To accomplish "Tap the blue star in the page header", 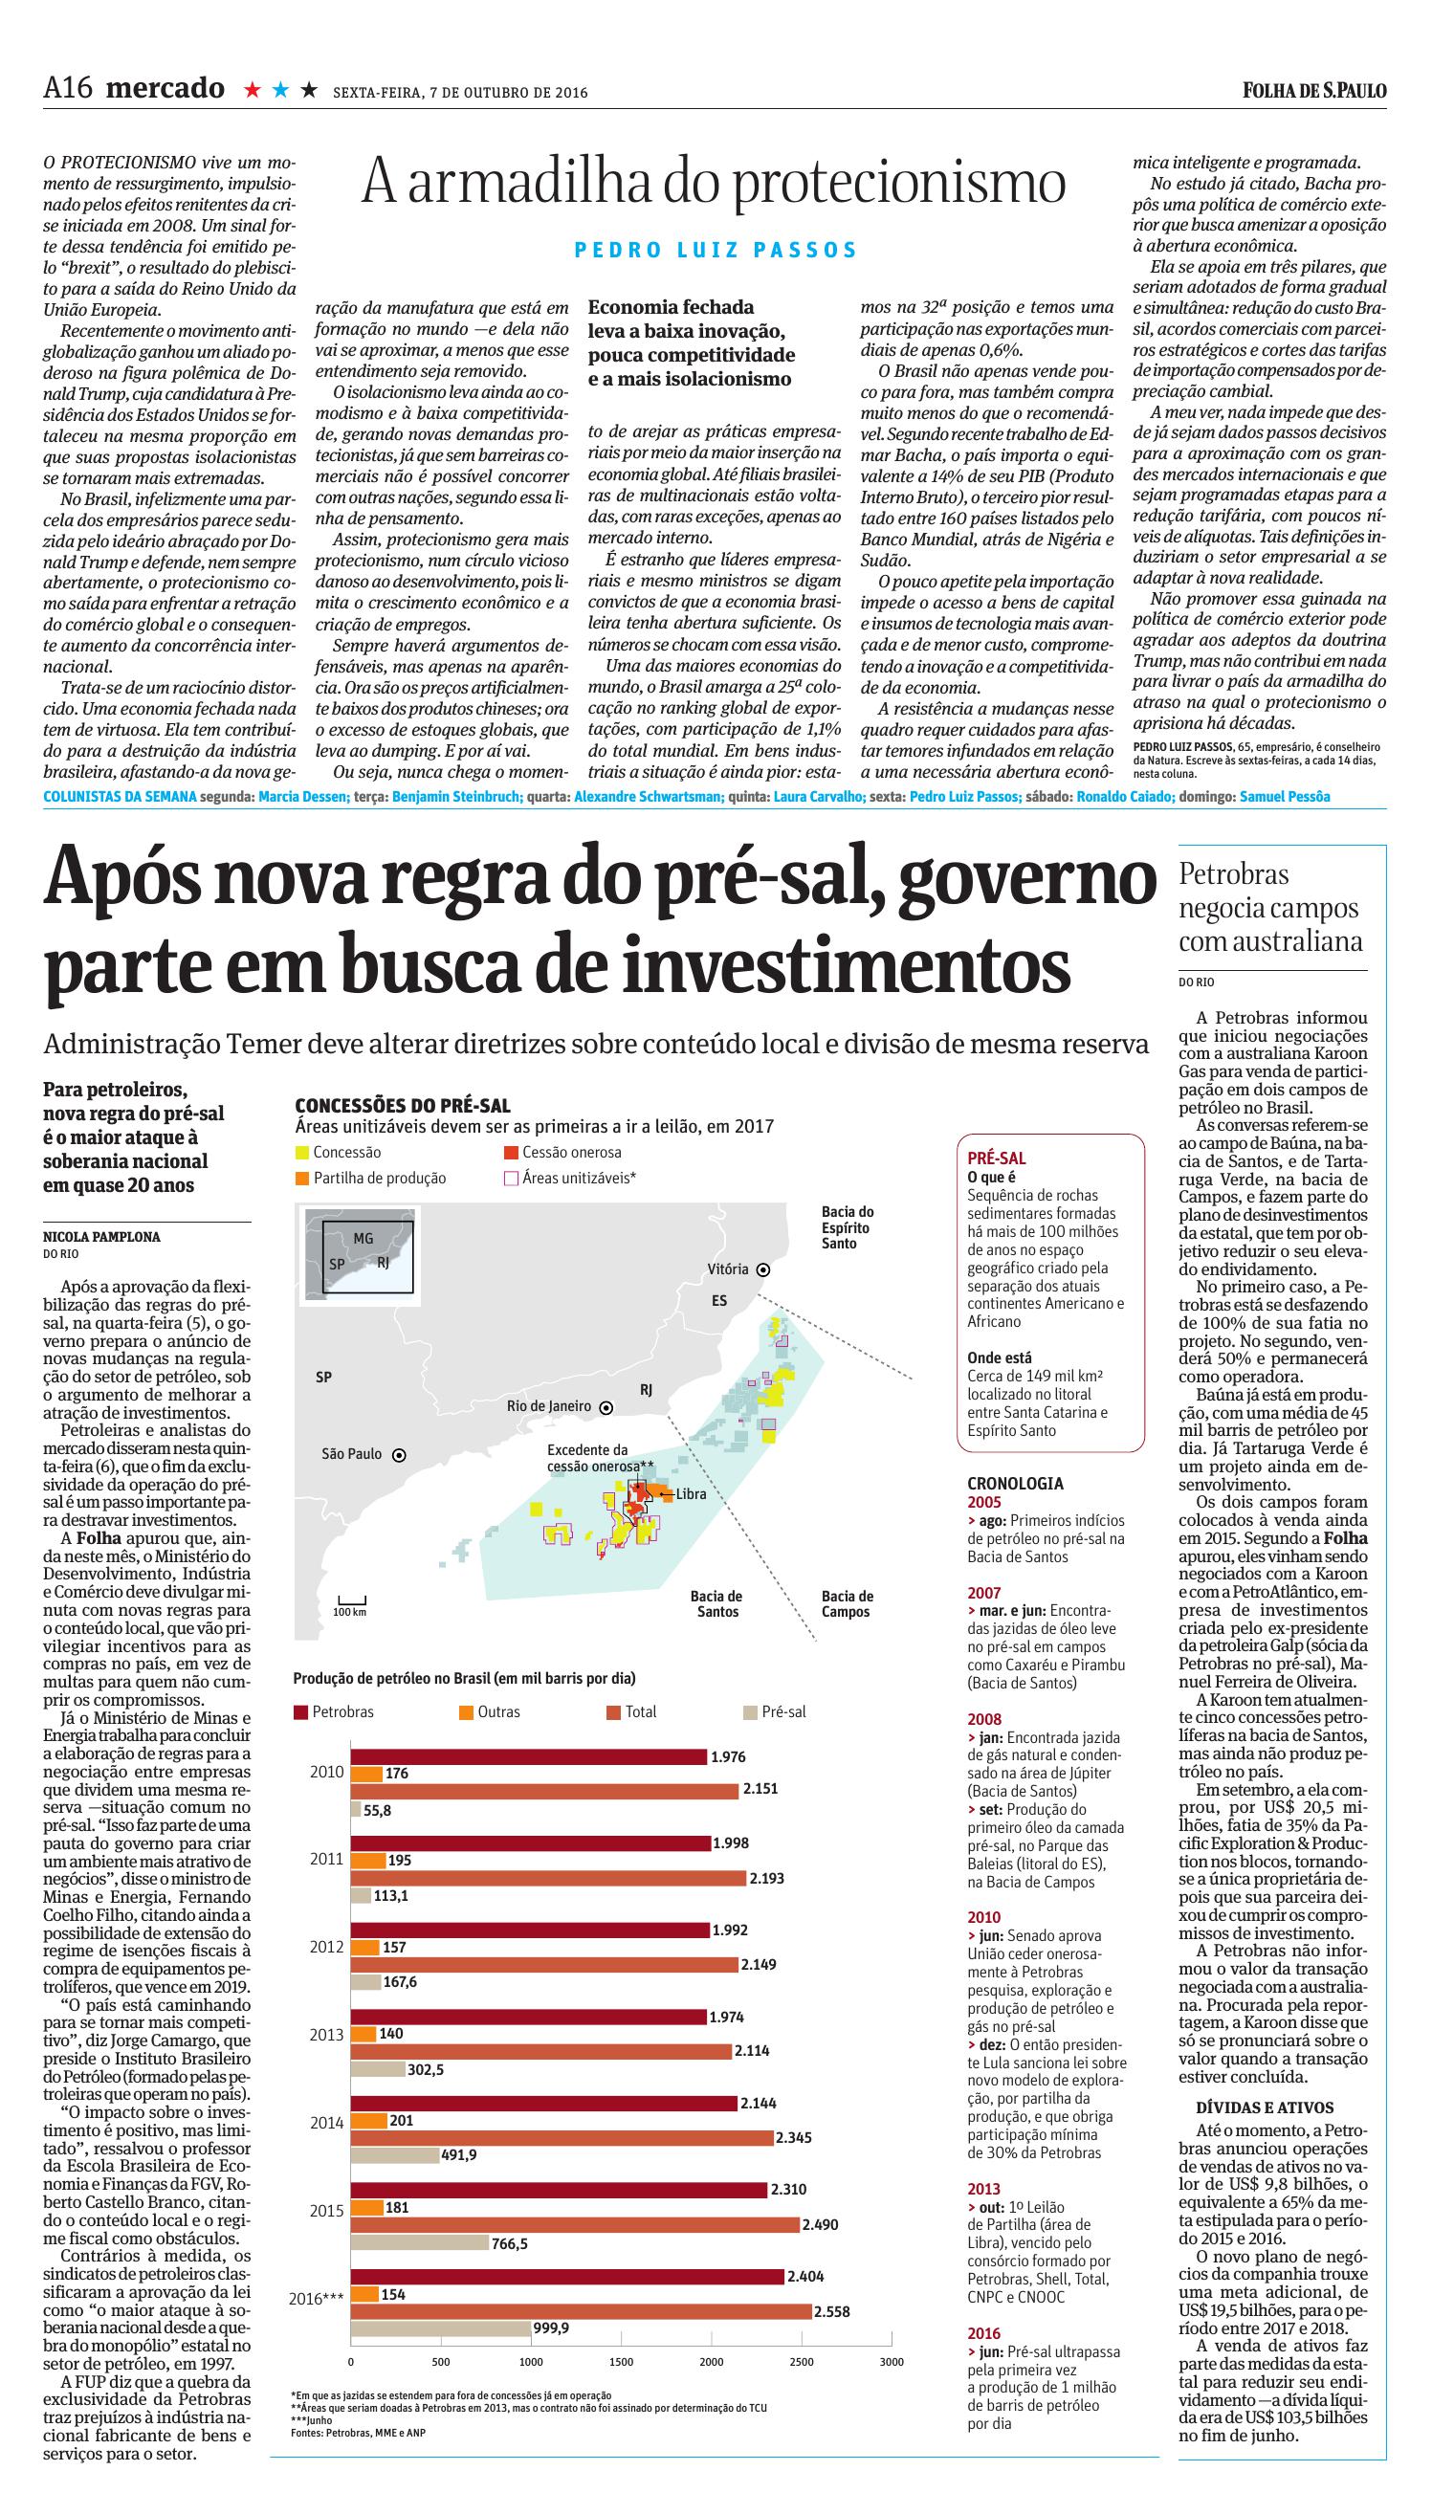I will coord(280,91).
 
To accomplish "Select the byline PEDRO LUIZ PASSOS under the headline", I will coord(716,250).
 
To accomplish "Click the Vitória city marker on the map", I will coord(763,1269).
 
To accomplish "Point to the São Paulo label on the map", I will coord(351,1454).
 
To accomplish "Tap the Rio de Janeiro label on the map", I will coord(549,1406).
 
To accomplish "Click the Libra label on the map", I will coord(691,1494).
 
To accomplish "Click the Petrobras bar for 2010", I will coord(528,1756).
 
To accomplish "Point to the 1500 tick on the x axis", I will coord(621,2362).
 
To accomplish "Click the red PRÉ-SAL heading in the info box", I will coord(997,1158).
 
